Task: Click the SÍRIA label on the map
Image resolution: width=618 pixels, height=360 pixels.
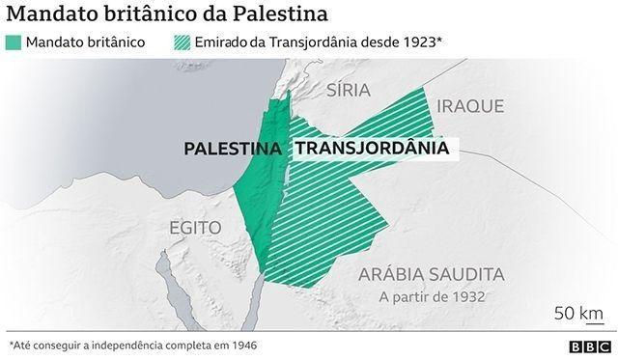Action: [x=350, y=92]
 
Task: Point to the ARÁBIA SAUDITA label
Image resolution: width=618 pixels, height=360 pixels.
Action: [x=432, y=274]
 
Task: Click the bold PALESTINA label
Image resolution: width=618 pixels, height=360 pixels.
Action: [x=234, y=149]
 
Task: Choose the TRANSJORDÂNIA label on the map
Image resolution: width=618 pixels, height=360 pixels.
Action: [x=371, y=149]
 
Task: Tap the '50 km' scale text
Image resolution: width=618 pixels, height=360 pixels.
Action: [x=578, y=313]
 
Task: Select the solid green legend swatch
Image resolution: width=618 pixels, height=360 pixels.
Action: [x=13, y=42]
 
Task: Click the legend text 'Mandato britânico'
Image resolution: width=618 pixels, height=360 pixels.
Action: [x=86, y=42]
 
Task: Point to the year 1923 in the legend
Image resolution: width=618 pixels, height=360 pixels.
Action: [x=419, y=42]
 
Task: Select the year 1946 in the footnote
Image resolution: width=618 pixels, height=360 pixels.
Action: [x=241, y=344]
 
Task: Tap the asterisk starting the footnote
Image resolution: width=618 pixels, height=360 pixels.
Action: [x=10, y=343]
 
